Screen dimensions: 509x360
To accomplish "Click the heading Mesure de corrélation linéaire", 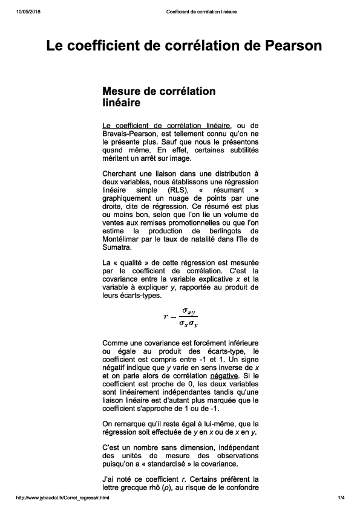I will coord(159,97).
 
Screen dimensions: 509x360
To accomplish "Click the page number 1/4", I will coord(341,498).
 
